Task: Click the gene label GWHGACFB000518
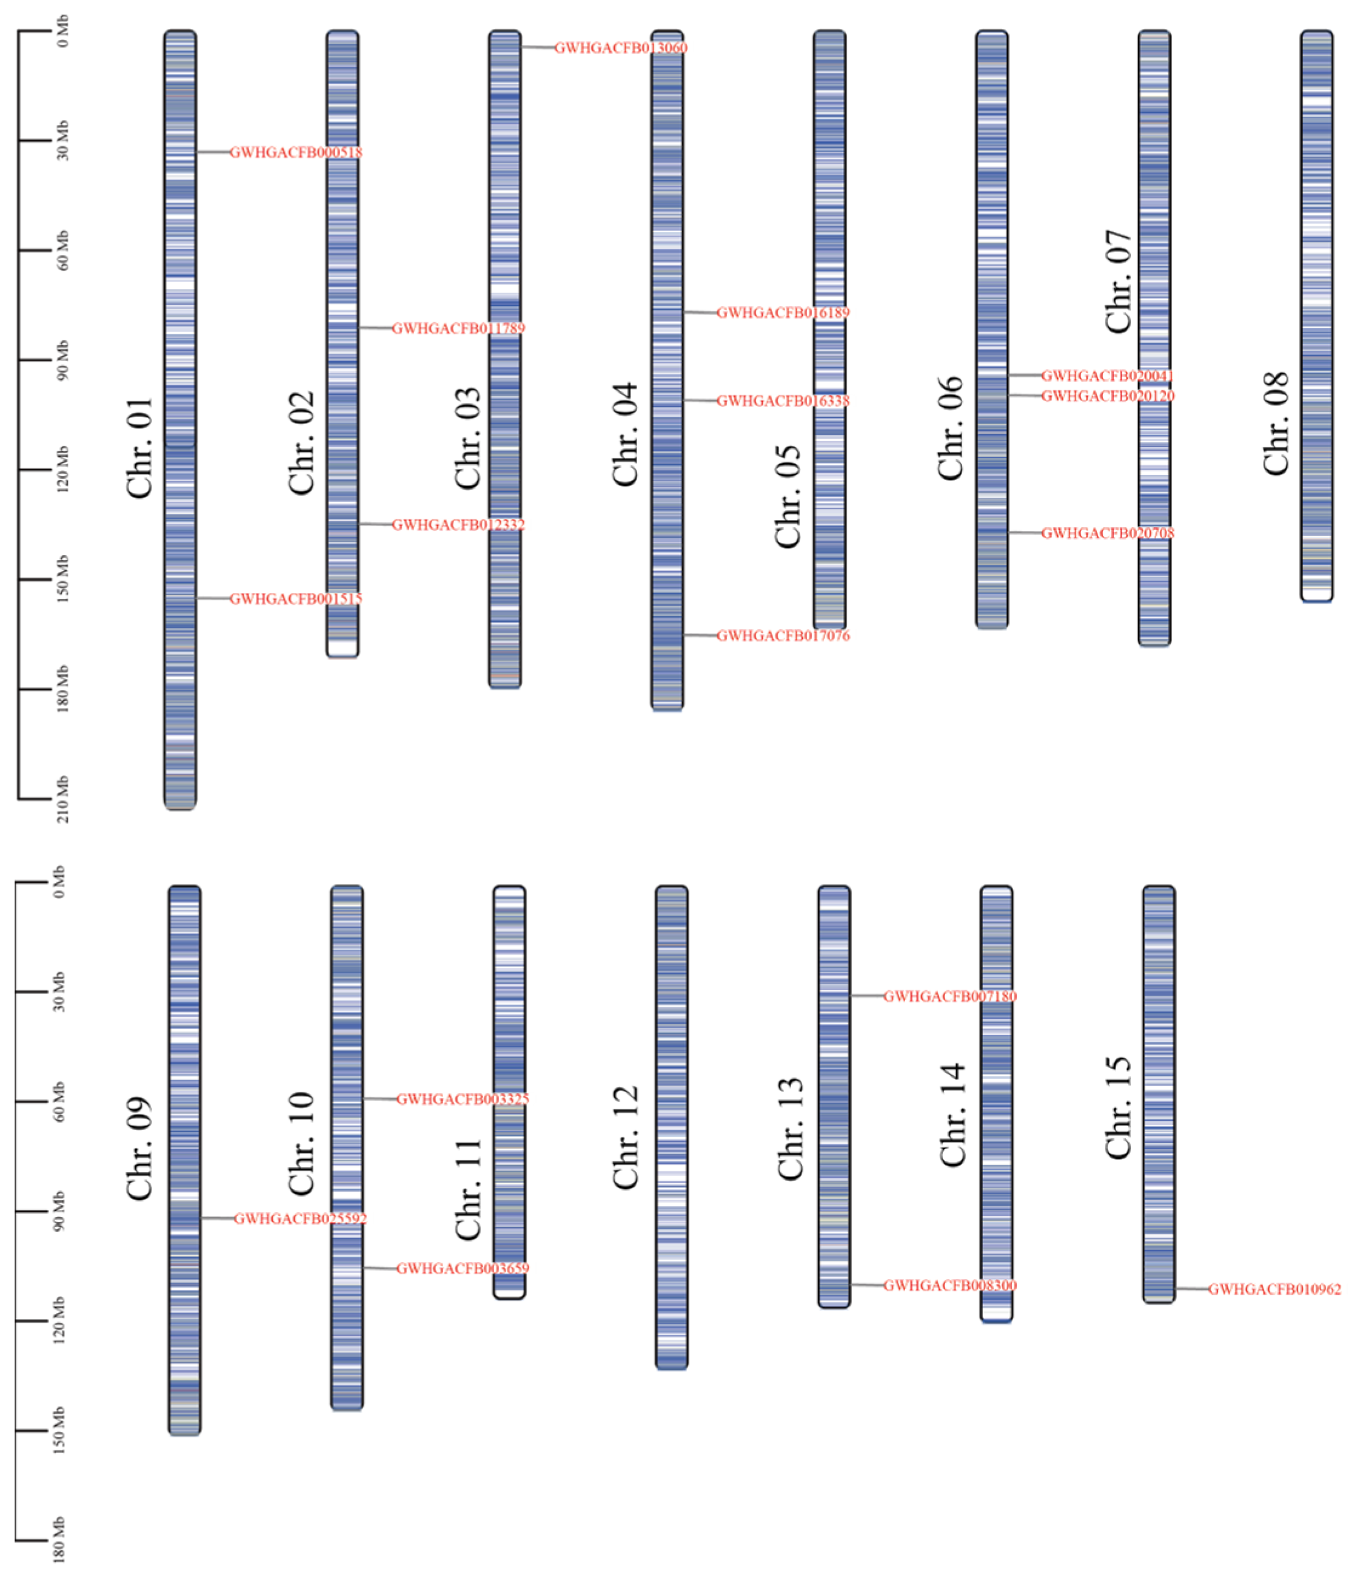(x=296, y=152)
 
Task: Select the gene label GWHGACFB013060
(x=620, y=48)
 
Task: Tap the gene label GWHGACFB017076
(x=783, y=636)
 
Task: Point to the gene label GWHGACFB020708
(x=1107, y=533)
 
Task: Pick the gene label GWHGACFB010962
(x=1274, y=1289)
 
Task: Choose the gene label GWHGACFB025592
(x=300, y=1218)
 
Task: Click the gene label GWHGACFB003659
(x=462, y=1268)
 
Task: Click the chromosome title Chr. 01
(x=140, y=448)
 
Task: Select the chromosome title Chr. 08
(x=1276, y=424)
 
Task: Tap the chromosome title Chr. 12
(x=626, y=1137)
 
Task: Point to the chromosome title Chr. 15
(x=1119, y=1108)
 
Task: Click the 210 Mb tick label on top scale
(x=62, y=799)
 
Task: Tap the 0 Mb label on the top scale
(x=62, y=32)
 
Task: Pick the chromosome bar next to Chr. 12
(x=671, y=1127)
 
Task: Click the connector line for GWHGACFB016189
(x=700, y=312)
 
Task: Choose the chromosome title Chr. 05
(x=789, y=496)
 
